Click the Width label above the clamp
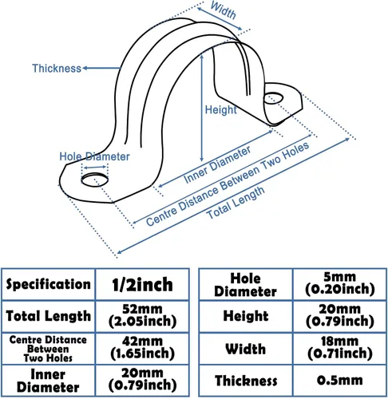tap(223, 10)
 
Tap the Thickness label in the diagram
tap(57, 69)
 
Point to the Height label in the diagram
tap(220, 109)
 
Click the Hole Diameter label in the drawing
tap(94, 156)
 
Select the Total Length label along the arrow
tap(236, 202)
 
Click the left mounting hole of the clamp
tap(95, 180)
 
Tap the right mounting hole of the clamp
tap(273, 97)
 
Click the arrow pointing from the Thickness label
tap(101, 68)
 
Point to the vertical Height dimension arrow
tap(202, 108)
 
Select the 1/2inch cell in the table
tap(142, 284)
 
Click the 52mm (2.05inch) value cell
tap(142, 316)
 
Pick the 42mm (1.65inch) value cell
tap(142, 348)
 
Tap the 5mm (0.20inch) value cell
tap(339, 283)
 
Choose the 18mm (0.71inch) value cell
tap(339, 348)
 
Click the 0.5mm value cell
tap(339, 381)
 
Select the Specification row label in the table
tap(48, 284)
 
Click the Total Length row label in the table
tap(48, 316)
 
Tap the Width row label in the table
tap(245, 349)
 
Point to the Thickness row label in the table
tap(245, 381)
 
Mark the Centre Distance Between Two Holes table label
tap(48, 349)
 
